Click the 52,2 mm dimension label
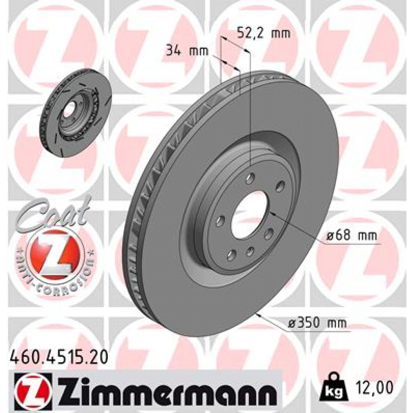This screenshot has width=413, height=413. [x=263, y=33]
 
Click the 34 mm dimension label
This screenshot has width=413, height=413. [x=187, y=51]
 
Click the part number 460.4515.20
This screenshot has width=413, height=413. [x=58, y=357]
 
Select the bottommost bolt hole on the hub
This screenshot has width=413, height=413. [x=232, y=255]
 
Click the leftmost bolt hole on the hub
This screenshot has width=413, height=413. [x=220, y=221]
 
